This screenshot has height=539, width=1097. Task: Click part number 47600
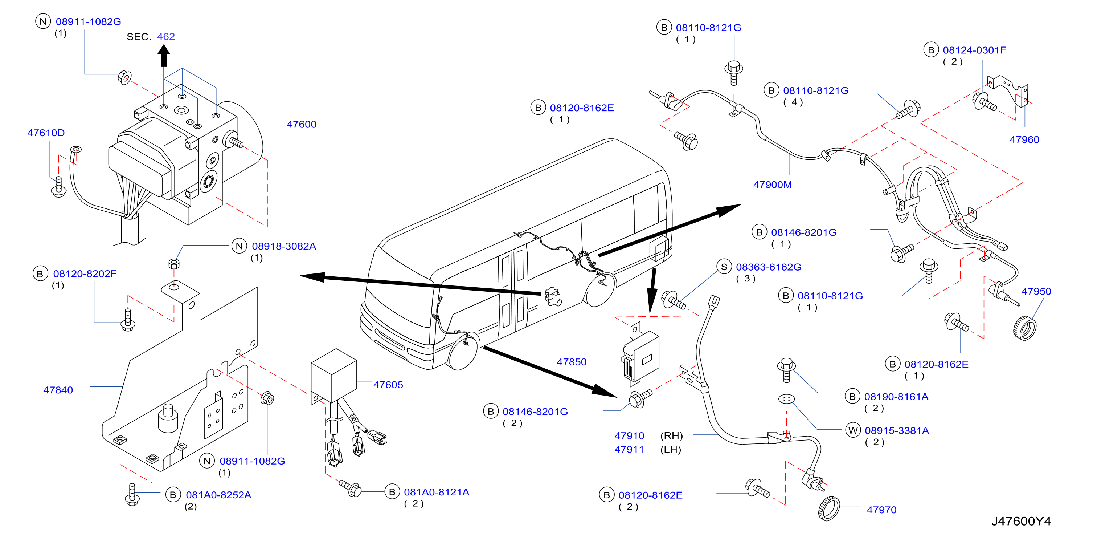302,125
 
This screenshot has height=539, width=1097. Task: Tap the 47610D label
46,133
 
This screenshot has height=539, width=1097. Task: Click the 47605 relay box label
388,385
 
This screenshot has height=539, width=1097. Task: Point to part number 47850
572,362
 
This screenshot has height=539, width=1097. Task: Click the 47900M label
773,185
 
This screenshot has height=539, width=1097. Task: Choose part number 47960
1024,140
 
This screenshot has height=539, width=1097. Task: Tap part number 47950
1036,291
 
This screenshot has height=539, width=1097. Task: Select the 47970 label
881,510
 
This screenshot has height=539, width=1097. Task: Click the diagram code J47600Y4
1021,521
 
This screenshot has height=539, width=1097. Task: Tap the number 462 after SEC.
166,37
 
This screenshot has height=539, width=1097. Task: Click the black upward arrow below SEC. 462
164,56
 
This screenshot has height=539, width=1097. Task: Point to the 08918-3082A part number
284,246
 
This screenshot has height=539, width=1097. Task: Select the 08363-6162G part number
769,267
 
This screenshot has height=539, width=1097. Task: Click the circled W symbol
852,430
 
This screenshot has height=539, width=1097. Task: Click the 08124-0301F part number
974,50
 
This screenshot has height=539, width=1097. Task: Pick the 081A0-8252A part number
218,495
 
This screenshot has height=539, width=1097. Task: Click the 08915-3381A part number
897,431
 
